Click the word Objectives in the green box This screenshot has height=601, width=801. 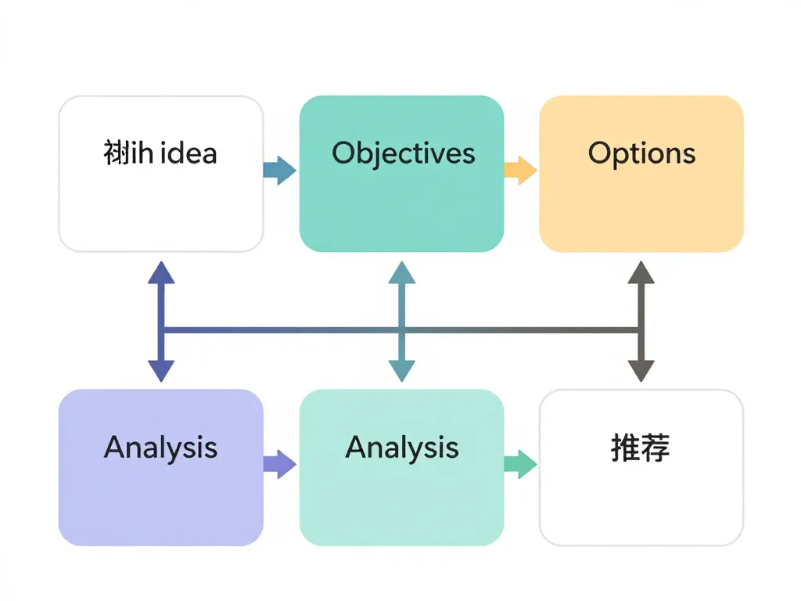pyautogui.click(x=403, y=153)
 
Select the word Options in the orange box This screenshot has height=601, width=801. pyautogui.click(x=641, y=153)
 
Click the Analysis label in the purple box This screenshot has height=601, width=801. pyautogui.click(x=160, y=448)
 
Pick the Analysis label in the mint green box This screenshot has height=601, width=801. pyautogui.click(x=401, y=448)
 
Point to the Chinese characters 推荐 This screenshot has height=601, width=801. pyautogui.click(x=641, y=448)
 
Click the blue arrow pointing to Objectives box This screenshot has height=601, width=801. pyautogui.click(x=279, y=170)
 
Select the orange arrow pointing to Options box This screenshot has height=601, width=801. pyautogui.click(x=520, y=170)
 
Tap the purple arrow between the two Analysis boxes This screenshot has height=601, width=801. pyautogui.click(x=279, y=464)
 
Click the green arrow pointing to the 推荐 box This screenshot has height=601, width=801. pyautogui.click(x=520, y=464)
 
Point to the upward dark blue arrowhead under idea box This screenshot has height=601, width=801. pyautogui.click(x=161, y=273)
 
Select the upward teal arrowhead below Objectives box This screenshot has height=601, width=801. pyautogui.click(x=401, y=273)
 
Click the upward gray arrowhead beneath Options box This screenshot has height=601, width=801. pyautogui.click(x=641, y=273)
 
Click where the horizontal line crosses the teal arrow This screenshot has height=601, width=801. pyautogui.click(x=401, y=330)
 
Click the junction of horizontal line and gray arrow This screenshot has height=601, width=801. pyautogui.click(x=641, y=330)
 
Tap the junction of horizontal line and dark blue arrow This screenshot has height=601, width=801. pyautogui.click(x=161, y=330)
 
